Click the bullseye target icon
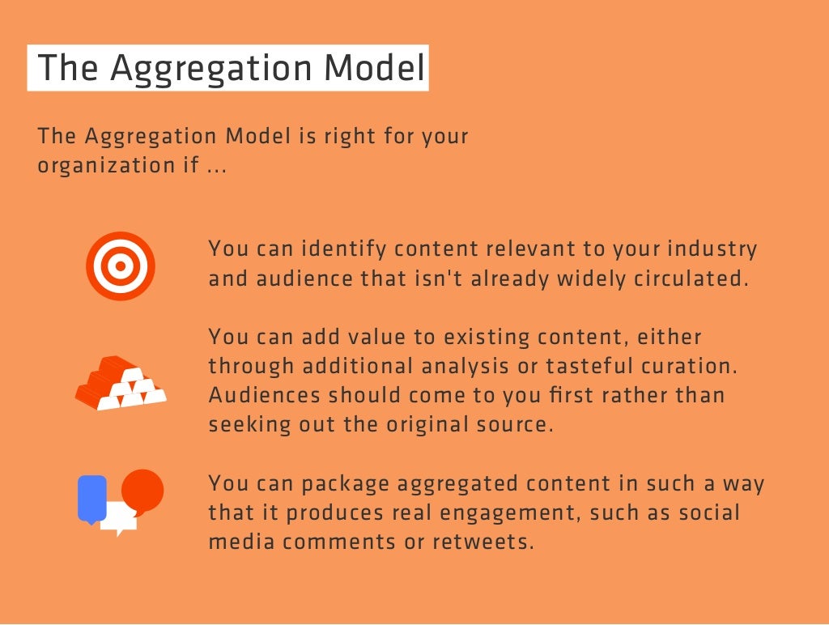coord(120,266)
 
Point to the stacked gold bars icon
coord(120,383)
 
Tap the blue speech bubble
coord(91,498)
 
